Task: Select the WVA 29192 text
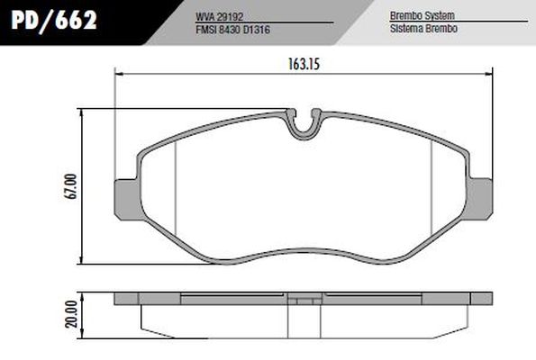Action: pyautogui.click(x=218, y=15)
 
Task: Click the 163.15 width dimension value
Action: pyautogui.click(x=297, y=64)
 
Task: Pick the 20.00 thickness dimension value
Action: pyautogui.click(x=72, y=314)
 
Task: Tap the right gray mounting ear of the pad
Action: pyautogui.click(x=483, y=197)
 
